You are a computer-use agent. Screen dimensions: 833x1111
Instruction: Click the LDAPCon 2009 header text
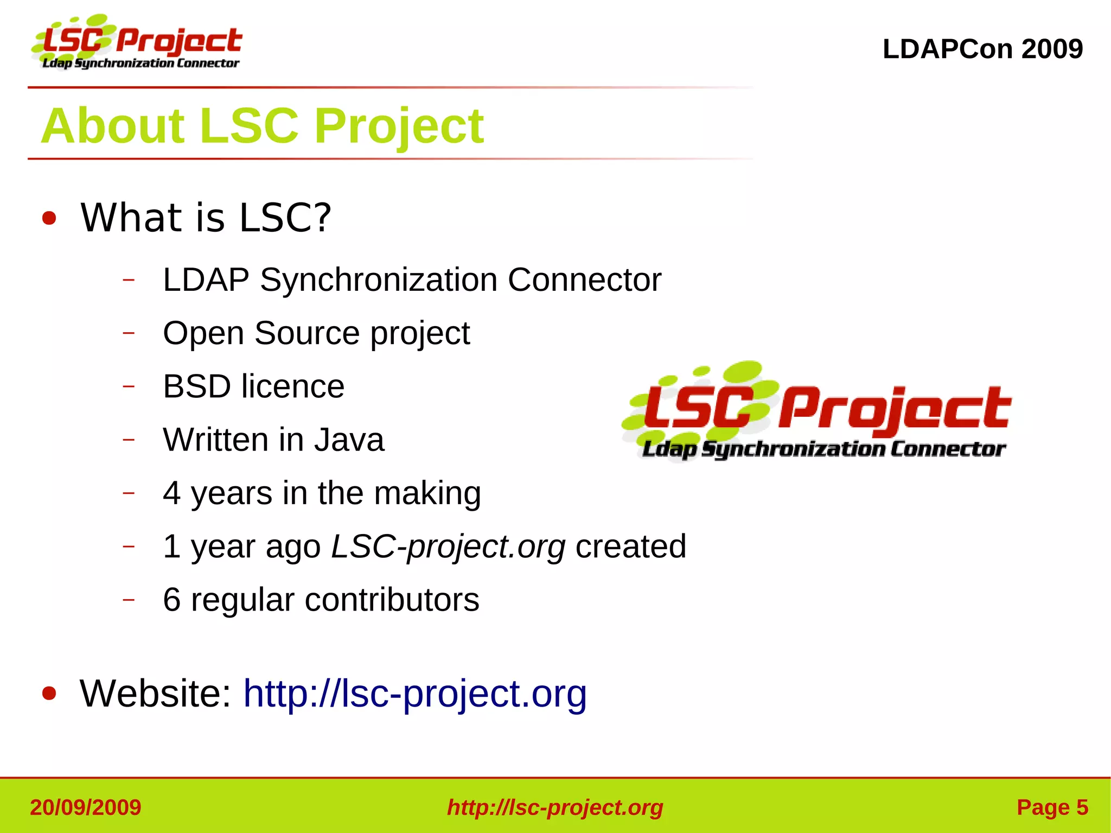click(982, 49)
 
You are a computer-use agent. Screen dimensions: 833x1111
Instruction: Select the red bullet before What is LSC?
click(49, 219)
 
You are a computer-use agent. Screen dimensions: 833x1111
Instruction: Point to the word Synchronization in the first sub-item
click(378, 280)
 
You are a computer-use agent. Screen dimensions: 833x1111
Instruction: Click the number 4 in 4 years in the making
click(171, 493)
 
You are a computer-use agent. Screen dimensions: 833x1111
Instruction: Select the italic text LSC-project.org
click(448, 546)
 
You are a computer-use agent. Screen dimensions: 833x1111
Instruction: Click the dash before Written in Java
click(129, 440)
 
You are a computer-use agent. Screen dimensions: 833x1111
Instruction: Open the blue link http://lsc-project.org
click(415, 694)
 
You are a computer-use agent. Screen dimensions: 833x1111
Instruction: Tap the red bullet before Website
click(49, 694)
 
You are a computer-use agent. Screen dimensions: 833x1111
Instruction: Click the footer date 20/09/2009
click(86, 807)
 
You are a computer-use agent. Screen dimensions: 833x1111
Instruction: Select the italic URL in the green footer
click(555, 807)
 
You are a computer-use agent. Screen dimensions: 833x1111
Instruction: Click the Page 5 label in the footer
click(1052, 807)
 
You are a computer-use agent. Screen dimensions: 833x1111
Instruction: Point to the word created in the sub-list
click(630, 546)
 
